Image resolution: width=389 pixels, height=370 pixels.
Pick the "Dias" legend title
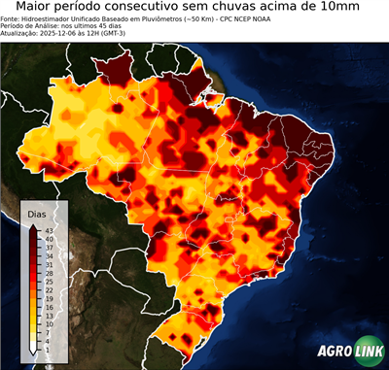pyautogui.click(x=37, y=213)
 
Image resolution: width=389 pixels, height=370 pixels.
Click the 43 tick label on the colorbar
pyautogui.click(x=49, y=229)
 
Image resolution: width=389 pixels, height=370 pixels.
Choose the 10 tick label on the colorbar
pyautogui.click(x=49, y=324)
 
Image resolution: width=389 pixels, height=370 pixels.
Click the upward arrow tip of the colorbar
pyautogui.click(x=34, y=224)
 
